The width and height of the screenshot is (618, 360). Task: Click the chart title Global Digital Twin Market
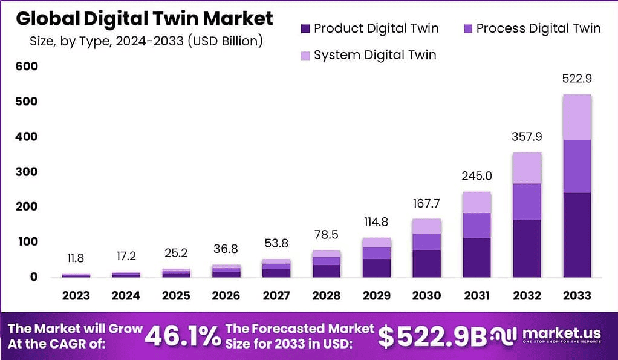144,19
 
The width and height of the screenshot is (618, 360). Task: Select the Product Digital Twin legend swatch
305,28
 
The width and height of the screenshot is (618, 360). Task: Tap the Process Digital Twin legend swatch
467,28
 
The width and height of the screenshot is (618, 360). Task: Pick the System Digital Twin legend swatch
305,56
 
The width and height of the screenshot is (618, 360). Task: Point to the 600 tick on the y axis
27,67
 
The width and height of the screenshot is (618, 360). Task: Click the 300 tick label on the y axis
27,172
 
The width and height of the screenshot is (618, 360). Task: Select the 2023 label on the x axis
76,296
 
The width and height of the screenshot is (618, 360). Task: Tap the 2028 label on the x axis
327,296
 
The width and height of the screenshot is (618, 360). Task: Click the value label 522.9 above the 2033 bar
577,79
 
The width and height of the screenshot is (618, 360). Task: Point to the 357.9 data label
527,137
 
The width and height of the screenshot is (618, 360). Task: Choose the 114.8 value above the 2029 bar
376,221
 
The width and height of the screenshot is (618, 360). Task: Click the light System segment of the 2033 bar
577,117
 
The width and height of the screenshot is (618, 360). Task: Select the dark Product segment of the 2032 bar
527,248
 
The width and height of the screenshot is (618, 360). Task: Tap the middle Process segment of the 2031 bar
477,225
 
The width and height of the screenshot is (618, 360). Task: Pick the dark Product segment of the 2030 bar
426,263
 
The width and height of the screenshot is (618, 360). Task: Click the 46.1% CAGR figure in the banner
184,336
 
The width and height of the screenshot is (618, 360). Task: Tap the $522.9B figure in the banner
432,337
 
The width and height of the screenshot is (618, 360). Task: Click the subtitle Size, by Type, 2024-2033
146,41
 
